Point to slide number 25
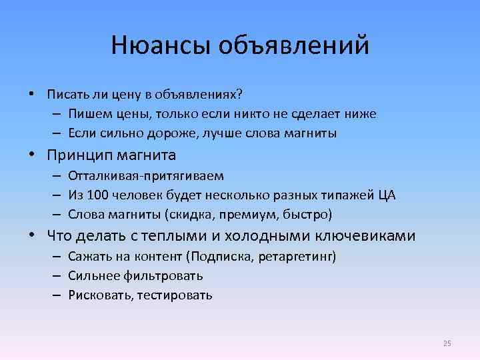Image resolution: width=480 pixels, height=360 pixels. click(x=447, y=343)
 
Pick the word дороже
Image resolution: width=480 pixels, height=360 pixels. click(x=160, y=133)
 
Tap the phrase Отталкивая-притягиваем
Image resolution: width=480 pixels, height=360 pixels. click(x=146, y=176)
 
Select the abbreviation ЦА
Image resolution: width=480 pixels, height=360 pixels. click(x=386, y=195)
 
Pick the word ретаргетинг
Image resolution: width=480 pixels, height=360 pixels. click(x=298, y=256)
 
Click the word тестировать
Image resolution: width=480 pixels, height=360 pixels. click(x=175, y=295)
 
